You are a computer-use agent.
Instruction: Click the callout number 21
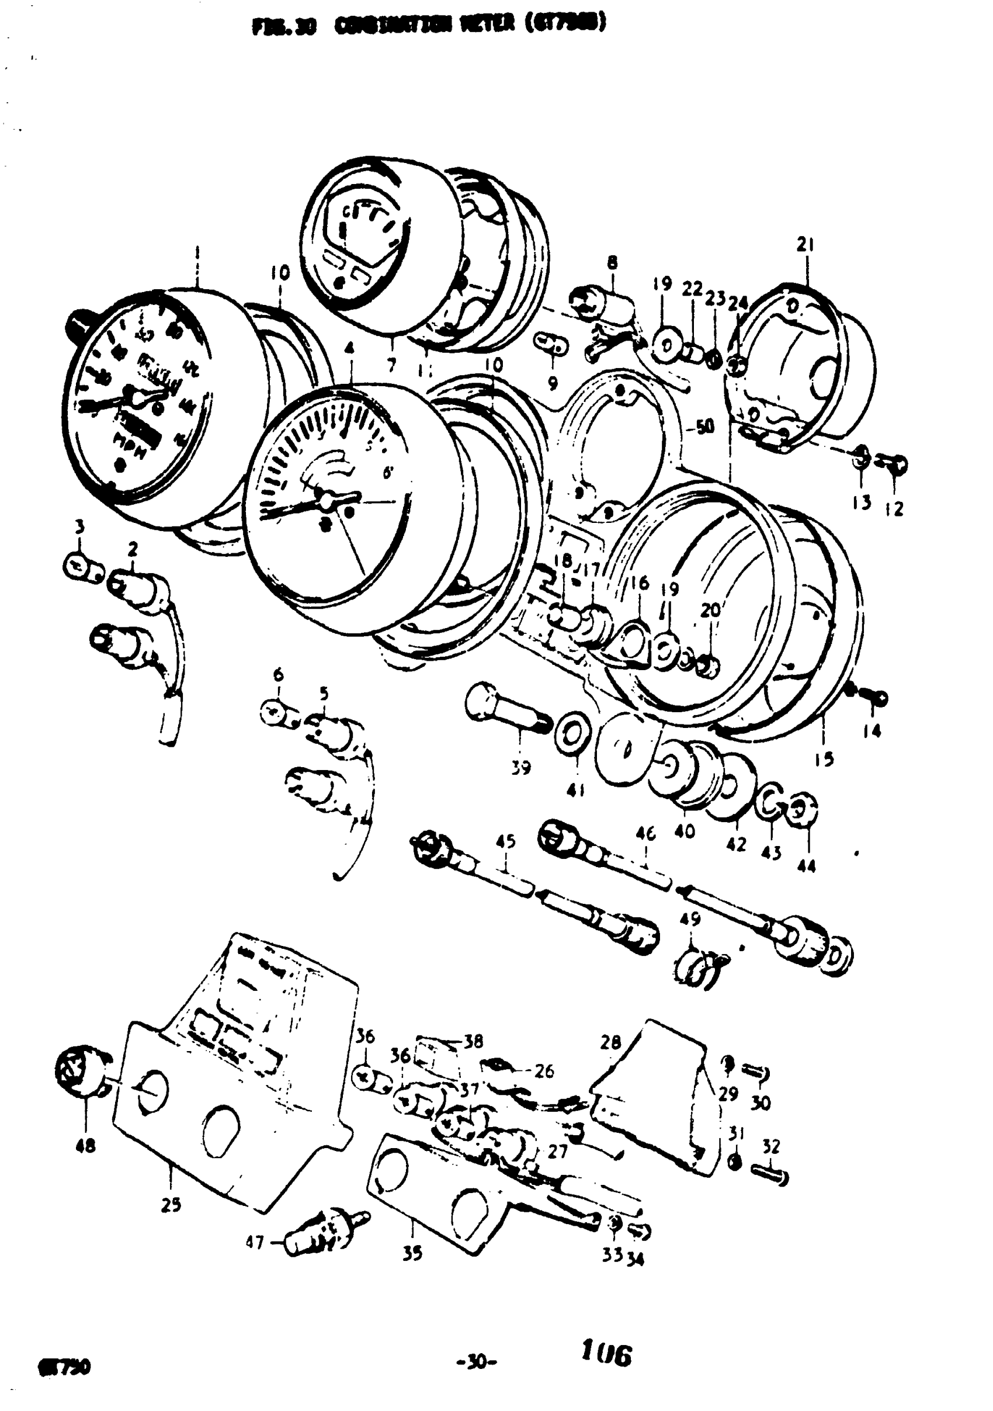[x=805, y=245]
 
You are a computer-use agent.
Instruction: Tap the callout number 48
[x=86, y=1145]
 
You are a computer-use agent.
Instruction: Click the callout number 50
[x=705, y=426]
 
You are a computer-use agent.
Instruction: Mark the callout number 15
[x=824, y=760]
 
